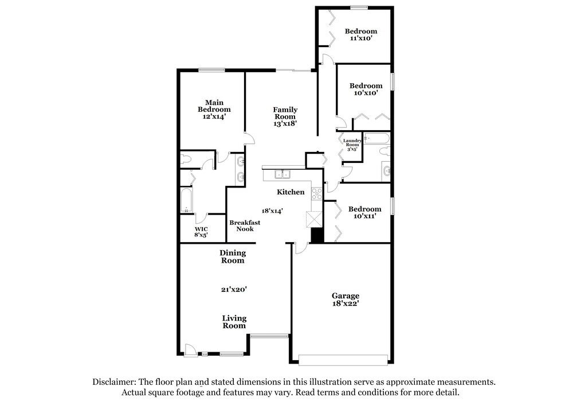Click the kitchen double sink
coord(281,174)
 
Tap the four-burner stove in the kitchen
coord(316,193)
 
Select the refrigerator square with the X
coord(315,219)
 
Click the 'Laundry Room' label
coord(352,143)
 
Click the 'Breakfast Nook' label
coord(245,225)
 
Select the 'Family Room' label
coord(285,116)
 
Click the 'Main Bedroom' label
coord(214,109)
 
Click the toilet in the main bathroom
coord(186,159)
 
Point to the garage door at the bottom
coord(343,360)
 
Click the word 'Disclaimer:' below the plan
coord(113,381)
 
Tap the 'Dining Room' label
coord(232,256)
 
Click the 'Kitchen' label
coord(291,192)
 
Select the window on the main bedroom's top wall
coord(211,70)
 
